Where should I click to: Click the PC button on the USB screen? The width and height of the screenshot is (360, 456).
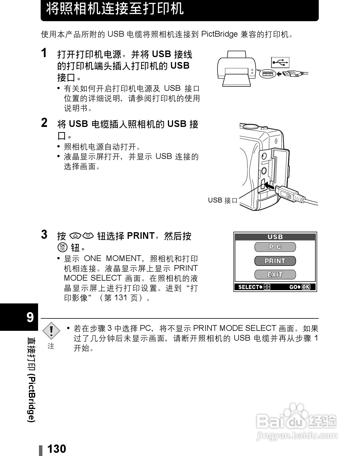275,247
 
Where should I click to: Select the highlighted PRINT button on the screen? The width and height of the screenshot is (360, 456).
275,261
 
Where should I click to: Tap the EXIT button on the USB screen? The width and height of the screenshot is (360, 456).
275,275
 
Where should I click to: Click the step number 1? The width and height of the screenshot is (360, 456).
44,53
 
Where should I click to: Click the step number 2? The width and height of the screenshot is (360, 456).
44,123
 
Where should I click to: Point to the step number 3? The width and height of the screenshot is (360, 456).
44,235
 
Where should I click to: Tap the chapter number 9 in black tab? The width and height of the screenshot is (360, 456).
30,317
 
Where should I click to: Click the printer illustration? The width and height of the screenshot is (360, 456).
236,68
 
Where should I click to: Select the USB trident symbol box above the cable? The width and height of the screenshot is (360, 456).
280,62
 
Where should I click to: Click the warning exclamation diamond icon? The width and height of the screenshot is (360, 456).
51,331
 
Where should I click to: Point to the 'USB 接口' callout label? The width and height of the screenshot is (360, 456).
222,200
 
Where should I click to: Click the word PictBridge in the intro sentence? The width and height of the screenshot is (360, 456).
219,34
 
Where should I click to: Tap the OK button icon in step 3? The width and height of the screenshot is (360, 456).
62,247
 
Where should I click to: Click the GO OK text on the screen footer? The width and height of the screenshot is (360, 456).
299,287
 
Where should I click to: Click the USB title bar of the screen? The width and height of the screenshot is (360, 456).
275,237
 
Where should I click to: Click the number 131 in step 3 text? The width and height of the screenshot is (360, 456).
121,298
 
